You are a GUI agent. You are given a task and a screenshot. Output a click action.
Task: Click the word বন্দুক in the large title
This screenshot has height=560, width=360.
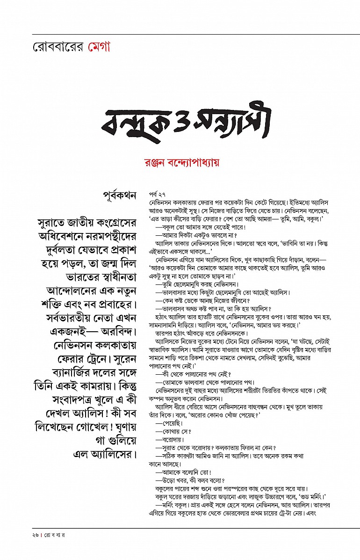click(x=138, y=123)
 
